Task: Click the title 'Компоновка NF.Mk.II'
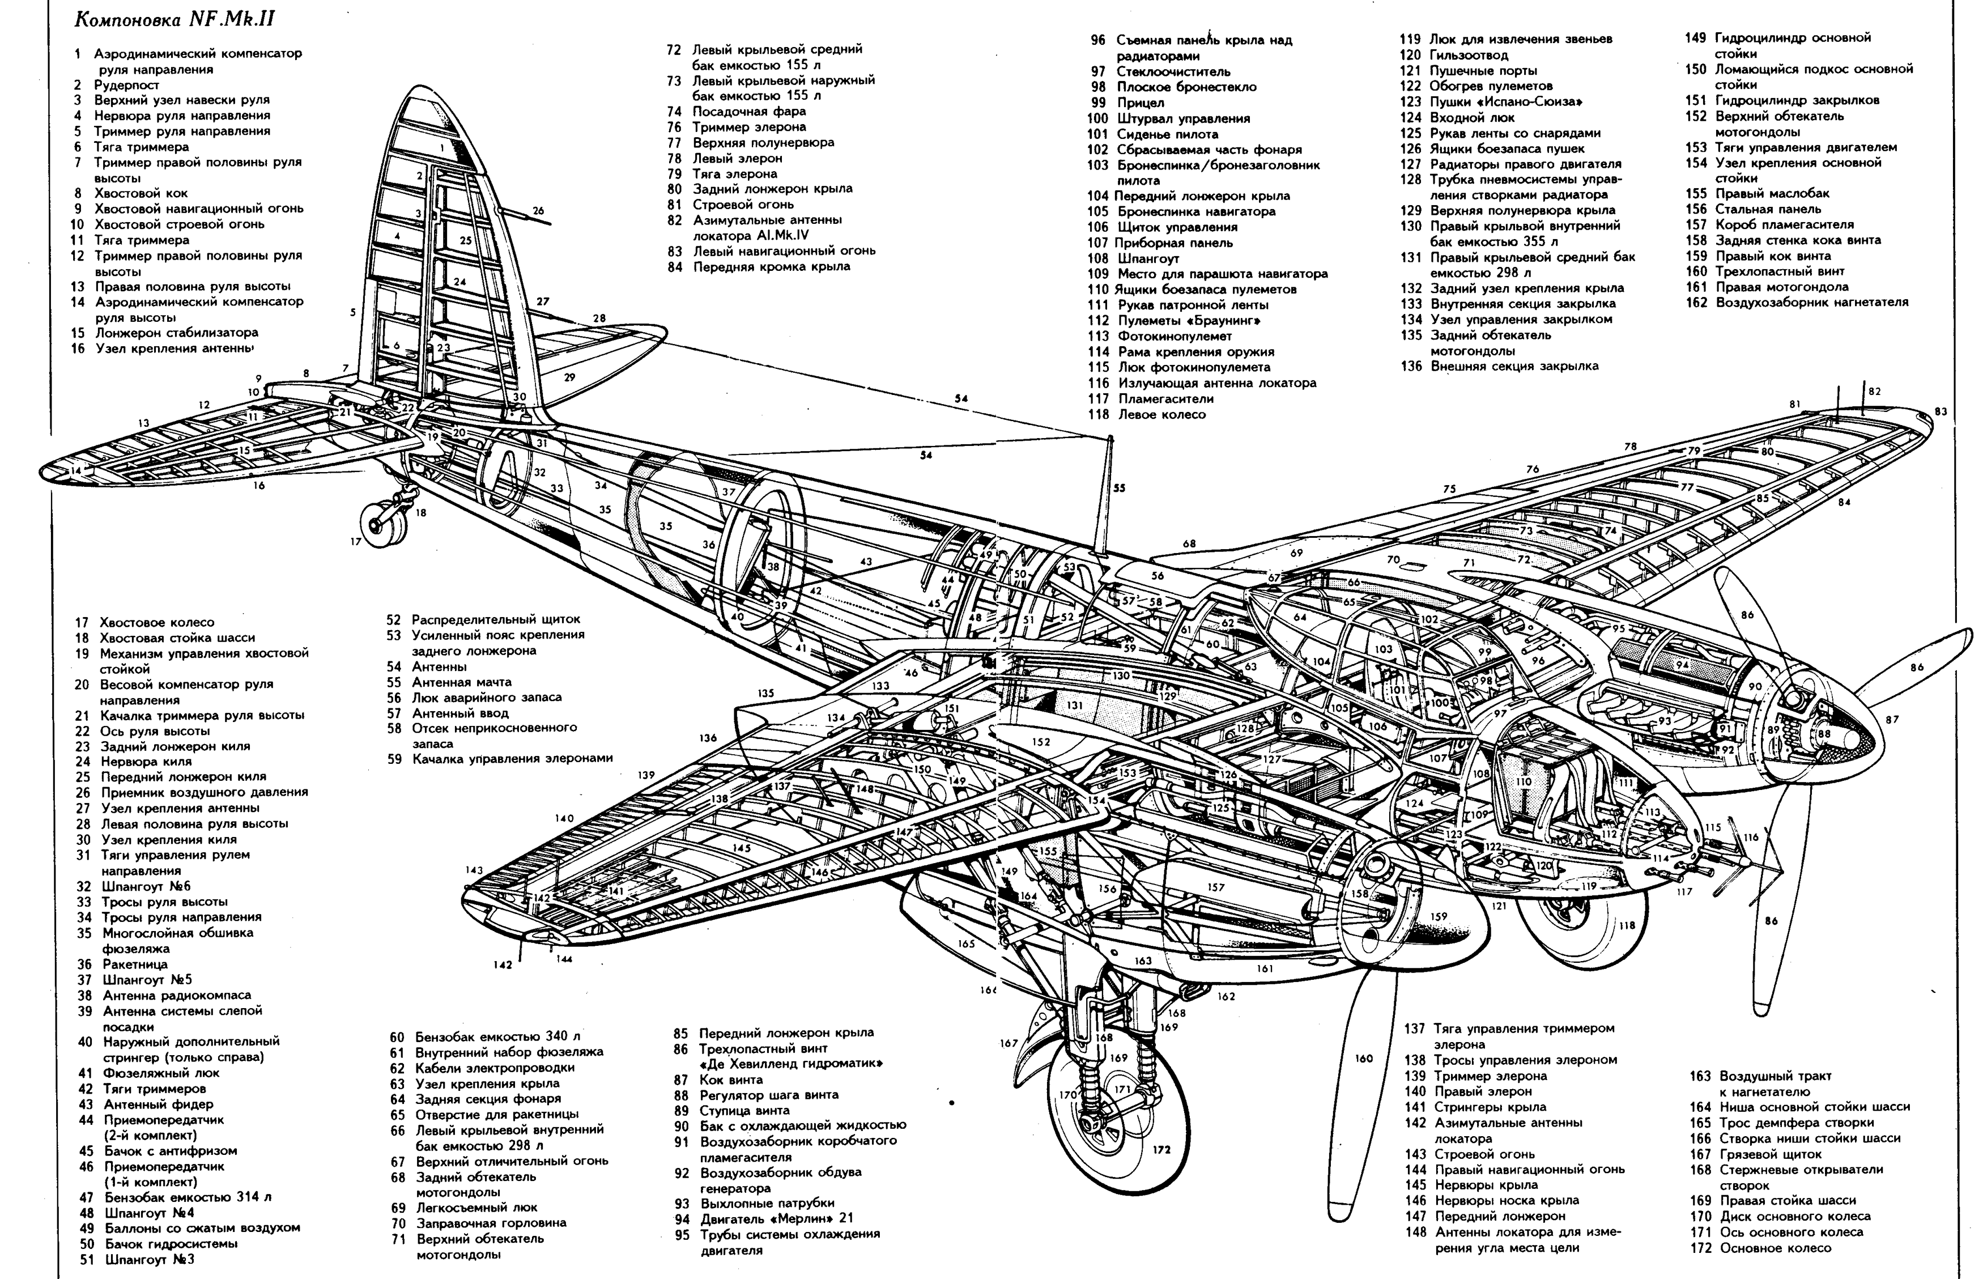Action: point(175,20)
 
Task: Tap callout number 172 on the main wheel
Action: point(1161,1149)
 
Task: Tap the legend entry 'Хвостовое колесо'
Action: point(144,622)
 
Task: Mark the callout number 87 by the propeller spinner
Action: point(1892,719)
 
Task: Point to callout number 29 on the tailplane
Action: point(569,377)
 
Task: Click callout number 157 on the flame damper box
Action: point(1216,887)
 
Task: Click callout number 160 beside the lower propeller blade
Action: point(1364,1058)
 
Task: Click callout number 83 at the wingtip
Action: point(1940,411)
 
